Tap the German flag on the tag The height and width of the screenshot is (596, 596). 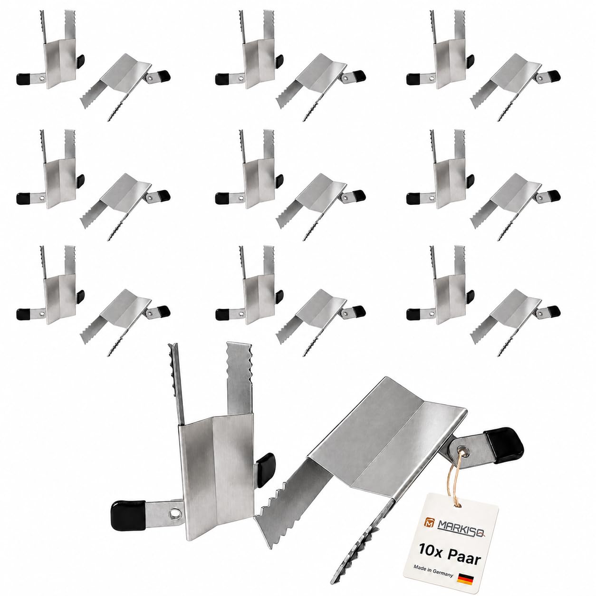coord(465,568)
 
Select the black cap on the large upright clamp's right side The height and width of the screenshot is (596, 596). coord(265,470)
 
